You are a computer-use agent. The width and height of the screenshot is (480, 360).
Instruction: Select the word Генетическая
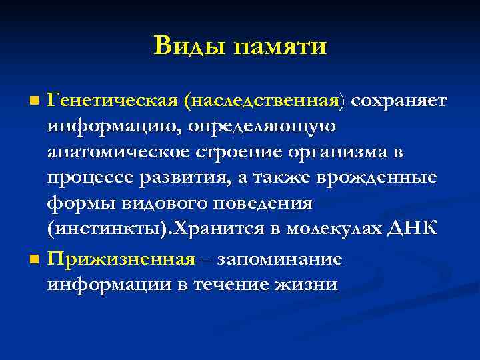pyautogui.click(x=114, y=101)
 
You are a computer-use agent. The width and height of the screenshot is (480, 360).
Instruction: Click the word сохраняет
pyautogui.click(x=400, y=101)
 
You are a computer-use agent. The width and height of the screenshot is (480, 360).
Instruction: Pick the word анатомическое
pyautogui.click(x=119, y=153)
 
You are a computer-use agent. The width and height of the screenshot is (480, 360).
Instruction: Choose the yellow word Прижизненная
pyautogui.click(x=121, y=259)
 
